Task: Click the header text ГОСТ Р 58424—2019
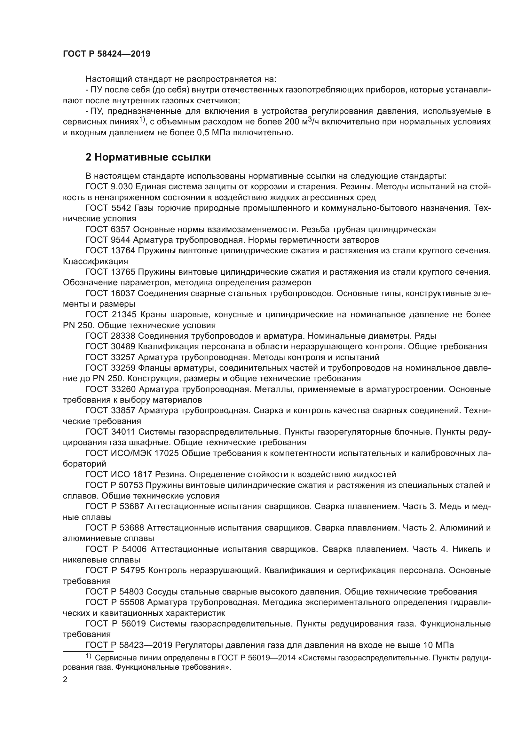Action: (x=107, y=54)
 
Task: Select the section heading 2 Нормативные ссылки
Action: (x=148, y=157)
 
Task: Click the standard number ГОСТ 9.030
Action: (x=109, y=187)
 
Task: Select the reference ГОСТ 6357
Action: (x=108, y=229)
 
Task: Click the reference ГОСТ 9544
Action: (x=108, y=240)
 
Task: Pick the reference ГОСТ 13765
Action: (x=110, y=272)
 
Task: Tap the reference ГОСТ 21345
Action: (x=110, y=314)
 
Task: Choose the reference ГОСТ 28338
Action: (x=110, y=335)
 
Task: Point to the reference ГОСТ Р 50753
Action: (x=114, y=485)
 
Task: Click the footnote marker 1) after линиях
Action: (x=142, y=120)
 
